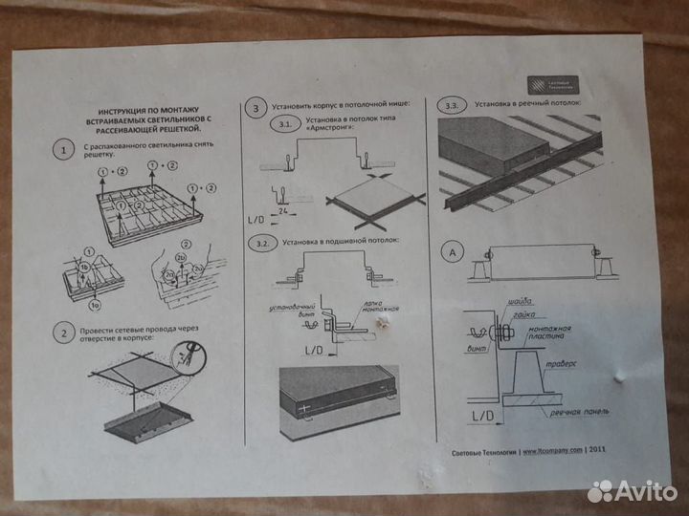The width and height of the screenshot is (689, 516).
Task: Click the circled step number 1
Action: coord(62,151)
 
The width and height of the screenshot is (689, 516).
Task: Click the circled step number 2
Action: coord(62,333)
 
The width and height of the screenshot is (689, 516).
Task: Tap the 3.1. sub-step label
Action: coord(282,125)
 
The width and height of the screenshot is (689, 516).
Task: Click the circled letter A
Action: coord(455,252)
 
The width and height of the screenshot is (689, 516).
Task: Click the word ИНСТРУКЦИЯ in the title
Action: coord(120,111)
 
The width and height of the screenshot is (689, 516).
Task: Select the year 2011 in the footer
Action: coord(598,451)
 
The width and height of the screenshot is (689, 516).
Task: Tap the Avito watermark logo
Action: coord(632,490)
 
